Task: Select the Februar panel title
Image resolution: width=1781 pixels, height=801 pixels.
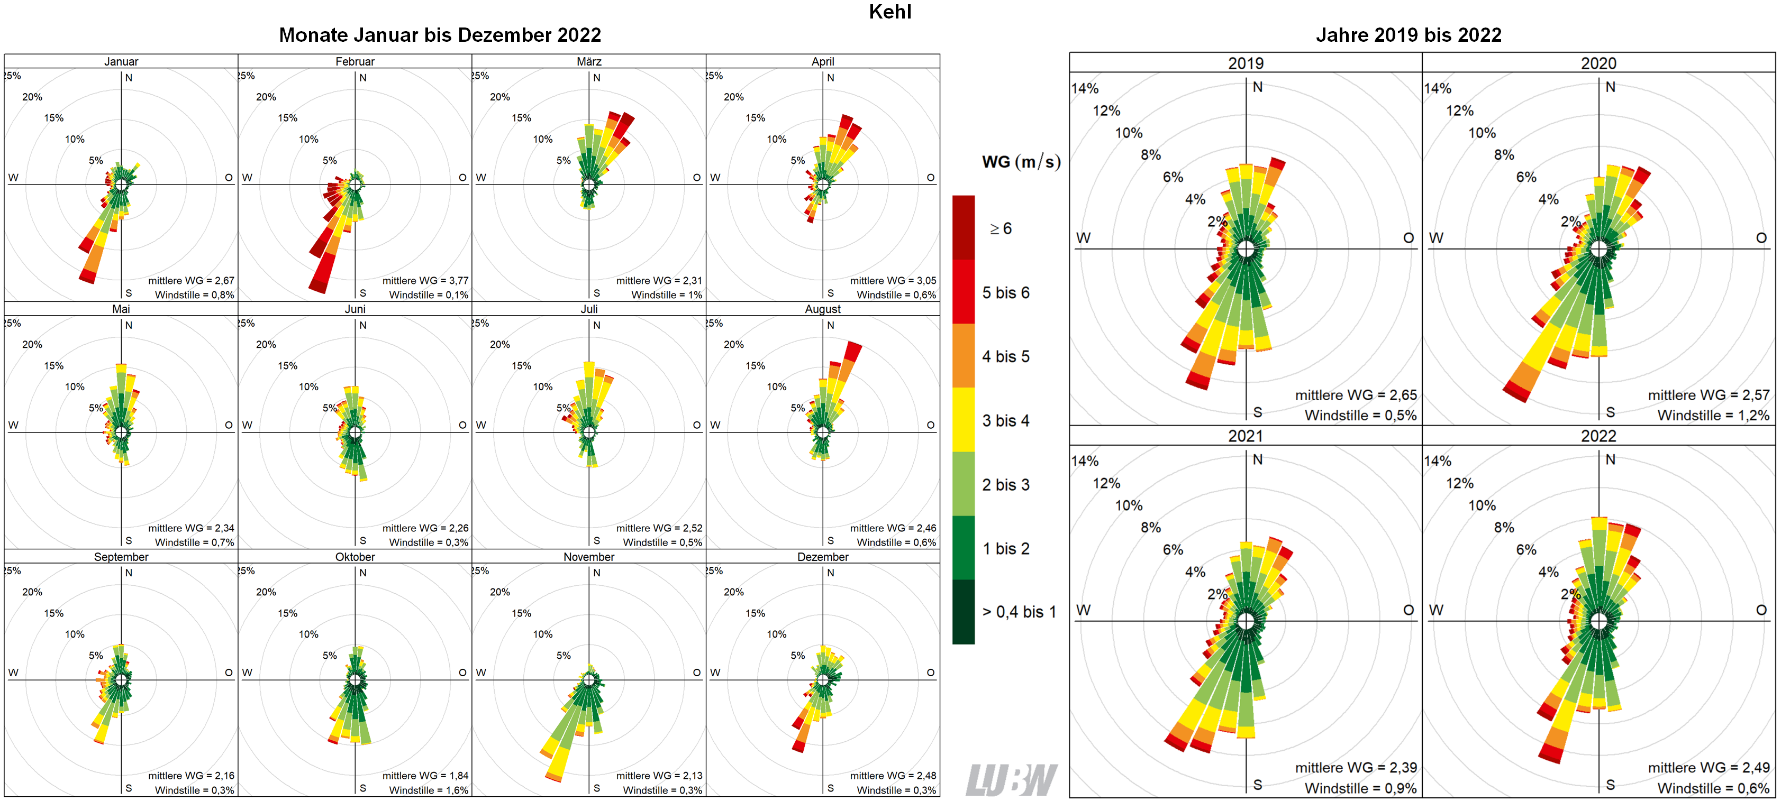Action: (355, 61)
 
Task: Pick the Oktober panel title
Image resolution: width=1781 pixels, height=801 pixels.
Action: (355, 557)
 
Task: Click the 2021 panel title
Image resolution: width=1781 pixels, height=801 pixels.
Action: (1245, 436)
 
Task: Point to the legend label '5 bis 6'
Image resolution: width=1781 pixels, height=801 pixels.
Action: (1005, 293)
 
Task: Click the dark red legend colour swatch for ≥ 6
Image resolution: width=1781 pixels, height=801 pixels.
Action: (963, 227)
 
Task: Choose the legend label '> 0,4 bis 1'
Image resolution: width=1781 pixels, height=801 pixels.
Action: (1019, 612)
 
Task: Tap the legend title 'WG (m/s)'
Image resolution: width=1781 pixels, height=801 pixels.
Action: (1021, 162)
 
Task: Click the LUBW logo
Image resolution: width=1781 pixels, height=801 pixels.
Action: (1011, 780)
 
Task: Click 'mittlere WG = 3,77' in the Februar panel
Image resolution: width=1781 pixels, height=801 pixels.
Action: (425, 281)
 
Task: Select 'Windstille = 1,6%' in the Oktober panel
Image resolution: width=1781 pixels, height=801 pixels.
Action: (428, 790)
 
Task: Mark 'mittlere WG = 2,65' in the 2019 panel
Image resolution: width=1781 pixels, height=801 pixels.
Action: (1355, 395)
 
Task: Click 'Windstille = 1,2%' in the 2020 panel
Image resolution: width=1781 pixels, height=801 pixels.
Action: (1713, 416)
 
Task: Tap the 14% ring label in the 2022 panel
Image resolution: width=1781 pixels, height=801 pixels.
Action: (1438, 461)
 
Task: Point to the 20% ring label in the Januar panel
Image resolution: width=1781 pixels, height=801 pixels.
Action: (32, 97)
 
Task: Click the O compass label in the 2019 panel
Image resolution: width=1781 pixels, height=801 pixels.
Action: (1409, 238)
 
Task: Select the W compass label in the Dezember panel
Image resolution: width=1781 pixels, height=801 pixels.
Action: (715, 673)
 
